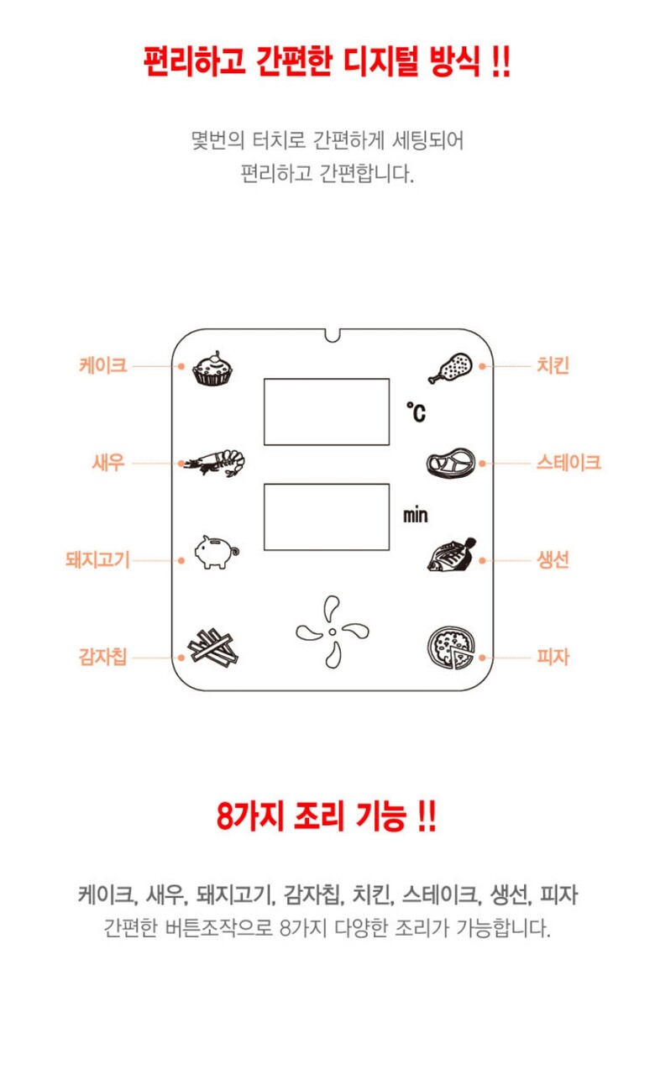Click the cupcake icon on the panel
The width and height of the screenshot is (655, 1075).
click(x=212, y=368)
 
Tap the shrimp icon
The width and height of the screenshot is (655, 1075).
click(x=214, y=463)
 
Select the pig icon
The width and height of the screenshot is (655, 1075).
click(x=217, y=552)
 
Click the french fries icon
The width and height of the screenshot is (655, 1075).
click(x=212, y=647)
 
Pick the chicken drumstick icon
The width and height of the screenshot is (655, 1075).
click(x=450, y=368)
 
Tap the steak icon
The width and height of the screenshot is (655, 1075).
click(x=451, y=463)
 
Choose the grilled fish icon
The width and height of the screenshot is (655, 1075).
click(x=452, y=555)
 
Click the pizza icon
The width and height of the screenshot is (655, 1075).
click(x=451, y=648)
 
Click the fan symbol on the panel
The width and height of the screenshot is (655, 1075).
click(x=332, y=632)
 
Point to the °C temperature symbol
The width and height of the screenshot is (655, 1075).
click(x=416, y=412)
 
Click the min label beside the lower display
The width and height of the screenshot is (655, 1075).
click(x=415, y=516)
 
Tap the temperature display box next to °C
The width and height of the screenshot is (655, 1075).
click(x=327, y=412)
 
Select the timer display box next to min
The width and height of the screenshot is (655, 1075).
click(x=327, y=517)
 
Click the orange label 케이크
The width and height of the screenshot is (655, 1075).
click(x=103, y=365)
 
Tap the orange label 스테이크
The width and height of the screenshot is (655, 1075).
click(x=569, y=463)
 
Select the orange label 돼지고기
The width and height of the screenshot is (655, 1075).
click(x=98, y=560)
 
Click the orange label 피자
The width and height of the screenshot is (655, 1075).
click(x=553, y=657)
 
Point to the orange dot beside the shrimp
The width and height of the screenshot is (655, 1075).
click(x=181, y=463)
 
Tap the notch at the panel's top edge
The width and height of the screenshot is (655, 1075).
click(x=332, y=335)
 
